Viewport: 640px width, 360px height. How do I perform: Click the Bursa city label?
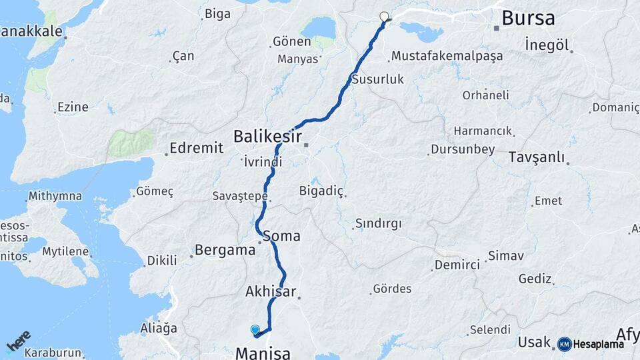point(528,18)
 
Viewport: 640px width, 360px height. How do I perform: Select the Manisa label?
point(263,352)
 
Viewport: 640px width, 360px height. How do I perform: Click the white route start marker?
point(384,17)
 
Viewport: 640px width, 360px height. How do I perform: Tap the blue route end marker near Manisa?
point(255,329)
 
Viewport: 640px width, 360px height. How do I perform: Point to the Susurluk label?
point(378,79)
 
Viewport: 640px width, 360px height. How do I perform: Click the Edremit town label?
point(196,148)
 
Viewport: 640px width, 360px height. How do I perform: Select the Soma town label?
point(282,236)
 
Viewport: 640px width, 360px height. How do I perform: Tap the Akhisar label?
point(269,291)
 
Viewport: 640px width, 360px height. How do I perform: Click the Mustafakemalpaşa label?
point(447,56)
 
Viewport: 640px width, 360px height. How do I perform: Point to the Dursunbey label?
point(463,149)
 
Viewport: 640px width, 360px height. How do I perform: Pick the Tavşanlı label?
point(536,158)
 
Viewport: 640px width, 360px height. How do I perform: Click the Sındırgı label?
point(378,223)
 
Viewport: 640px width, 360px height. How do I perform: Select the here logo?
point(18,341)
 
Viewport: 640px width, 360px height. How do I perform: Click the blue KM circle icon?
point(564,344)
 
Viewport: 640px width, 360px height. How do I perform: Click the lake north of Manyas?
point(319,27)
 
